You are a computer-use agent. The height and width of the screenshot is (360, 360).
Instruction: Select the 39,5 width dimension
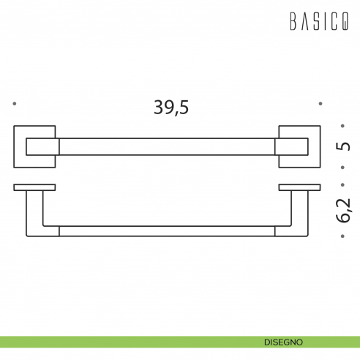coord(171,107)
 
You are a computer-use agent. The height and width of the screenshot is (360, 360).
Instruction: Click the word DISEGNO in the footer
coord(285,342)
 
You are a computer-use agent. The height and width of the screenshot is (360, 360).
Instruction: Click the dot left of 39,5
coord(14,104)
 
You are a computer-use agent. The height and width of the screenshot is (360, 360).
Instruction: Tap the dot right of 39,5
coord(320,104)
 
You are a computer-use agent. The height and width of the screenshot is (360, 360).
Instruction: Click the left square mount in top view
coord(35,147)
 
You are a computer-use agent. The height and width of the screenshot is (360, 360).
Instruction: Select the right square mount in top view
coord(299,147)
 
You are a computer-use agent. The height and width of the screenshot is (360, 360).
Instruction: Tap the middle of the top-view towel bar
coord(167,147)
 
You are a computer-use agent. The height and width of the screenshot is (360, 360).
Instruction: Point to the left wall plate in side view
coord(34,187)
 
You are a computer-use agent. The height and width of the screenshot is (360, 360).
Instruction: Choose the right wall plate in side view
coord(299,187)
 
